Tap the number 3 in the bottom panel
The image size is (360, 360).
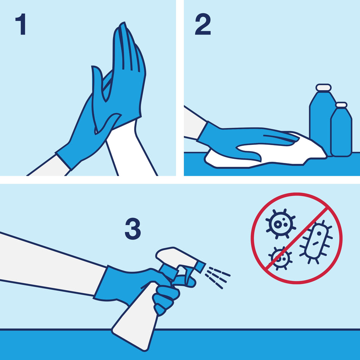tap(133, 229)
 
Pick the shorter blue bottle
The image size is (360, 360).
tap(341, 133)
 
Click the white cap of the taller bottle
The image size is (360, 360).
tap(324, 88)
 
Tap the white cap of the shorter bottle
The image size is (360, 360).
tap(341, 105)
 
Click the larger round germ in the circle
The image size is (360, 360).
tap(280, 224)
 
